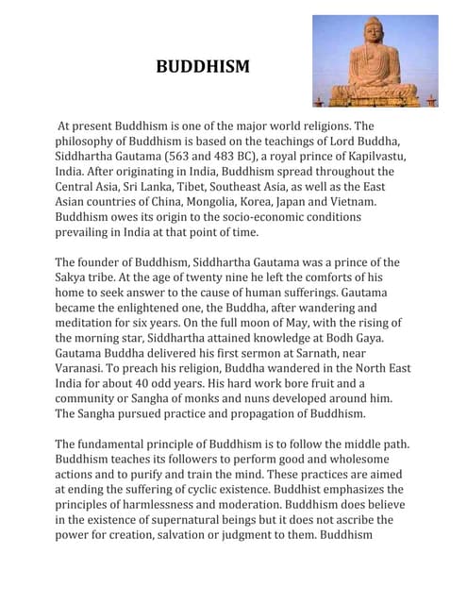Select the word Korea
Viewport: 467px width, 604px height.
coord(290,201)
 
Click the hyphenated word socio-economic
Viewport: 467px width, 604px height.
coord(272,216)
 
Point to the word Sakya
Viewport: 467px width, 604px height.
coord(73,277)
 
